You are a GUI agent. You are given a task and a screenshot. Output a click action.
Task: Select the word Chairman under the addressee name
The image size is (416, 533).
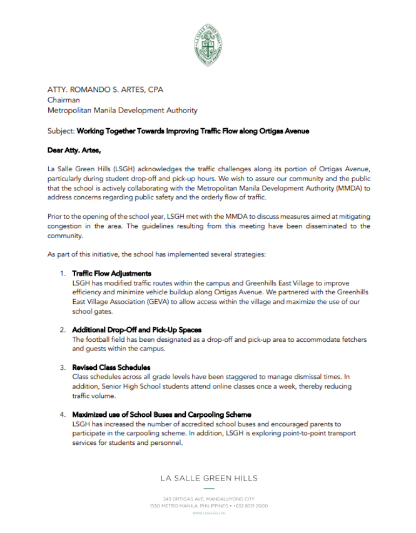63,100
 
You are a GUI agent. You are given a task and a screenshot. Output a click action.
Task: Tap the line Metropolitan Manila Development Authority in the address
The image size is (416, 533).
123,111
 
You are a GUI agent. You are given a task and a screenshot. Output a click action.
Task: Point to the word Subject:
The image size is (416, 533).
61,132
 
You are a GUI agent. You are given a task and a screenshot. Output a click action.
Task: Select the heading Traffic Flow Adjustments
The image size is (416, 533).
112,274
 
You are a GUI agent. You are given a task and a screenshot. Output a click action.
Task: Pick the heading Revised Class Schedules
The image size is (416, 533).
111,367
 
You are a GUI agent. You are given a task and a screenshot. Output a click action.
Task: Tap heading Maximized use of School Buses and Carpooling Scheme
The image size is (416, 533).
162,414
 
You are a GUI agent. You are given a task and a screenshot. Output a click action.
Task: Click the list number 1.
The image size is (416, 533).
63,274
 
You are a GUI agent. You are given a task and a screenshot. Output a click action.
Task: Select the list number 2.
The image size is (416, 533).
63,329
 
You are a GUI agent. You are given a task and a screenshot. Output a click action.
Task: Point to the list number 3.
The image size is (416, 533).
63,367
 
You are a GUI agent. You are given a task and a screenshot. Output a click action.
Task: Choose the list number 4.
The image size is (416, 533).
63,414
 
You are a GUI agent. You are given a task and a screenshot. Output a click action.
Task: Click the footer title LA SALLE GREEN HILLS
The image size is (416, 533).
208,479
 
